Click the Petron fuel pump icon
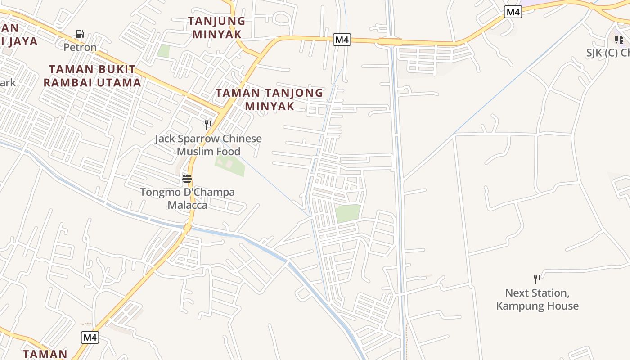[x=80, y=34]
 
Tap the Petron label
[x=80, y=47]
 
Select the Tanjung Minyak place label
[x=217, y=27]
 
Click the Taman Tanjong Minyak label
[x=269, y=99]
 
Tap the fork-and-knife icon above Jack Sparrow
[x=208, y=125]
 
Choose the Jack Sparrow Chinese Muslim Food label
[x=208, y=145]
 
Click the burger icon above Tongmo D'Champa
[x=187, y=179]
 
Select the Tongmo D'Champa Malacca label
[x=187, y=198]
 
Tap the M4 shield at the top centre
[x=342, y=40]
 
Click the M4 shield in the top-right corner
[x=513, y=12]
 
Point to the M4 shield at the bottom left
[x=90, y=337]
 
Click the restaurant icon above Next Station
[x=537, y=279]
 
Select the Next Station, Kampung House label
[x=537, y=299]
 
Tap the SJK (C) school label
[x=607, y=53]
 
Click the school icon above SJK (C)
[x=619, y=40]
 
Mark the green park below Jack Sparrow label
[x=230, y=165]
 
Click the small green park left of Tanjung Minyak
[x=163, y=51]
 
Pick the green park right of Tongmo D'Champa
[x=348, y=213]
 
